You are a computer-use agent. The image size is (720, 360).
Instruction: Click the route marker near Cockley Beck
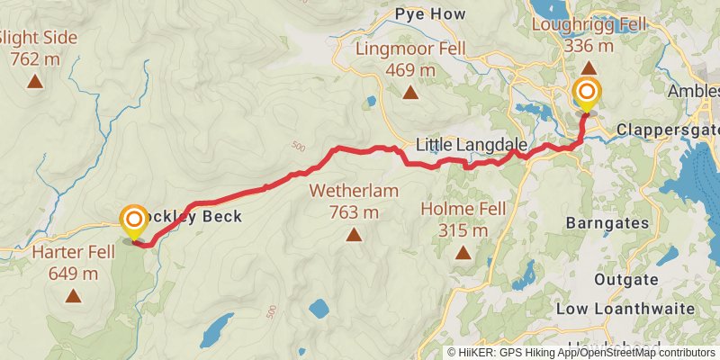coord(134,220)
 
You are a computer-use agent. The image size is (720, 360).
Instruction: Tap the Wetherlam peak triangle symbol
coord(354,235)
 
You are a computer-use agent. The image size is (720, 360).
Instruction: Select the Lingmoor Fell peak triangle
coord(410,92)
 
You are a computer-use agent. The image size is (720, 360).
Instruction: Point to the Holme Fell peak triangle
coord(463,253)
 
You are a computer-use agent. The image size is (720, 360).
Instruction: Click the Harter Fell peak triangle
coord(73,294)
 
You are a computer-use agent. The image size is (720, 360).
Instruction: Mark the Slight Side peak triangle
coord(34,82)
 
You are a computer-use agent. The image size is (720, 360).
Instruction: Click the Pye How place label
coord(428,14)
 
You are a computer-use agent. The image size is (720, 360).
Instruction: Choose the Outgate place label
coord(625,280)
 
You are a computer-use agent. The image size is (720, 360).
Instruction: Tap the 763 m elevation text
coord(354,212)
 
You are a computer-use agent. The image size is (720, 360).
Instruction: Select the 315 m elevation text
coord(463,230)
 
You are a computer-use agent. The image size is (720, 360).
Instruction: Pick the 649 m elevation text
coord(73,272)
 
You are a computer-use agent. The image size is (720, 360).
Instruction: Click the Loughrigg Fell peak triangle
coord(588,67)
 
